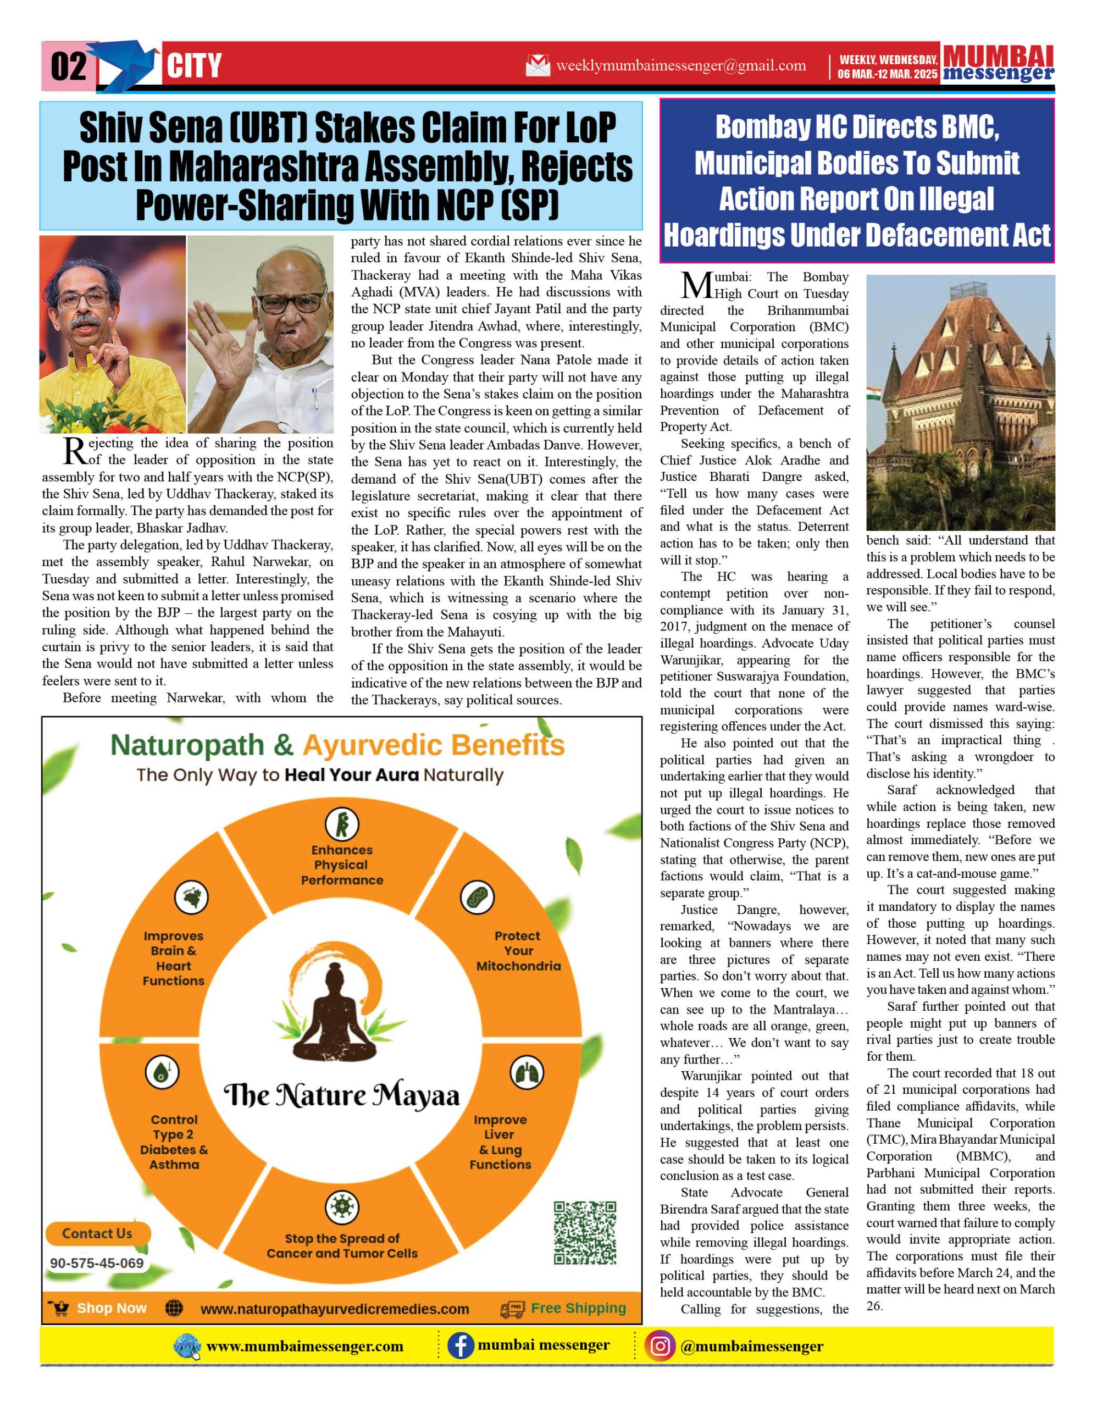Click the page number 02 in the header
pyautogui.click(x=68, y=67)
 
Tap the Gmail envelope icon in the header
pyautogui.click(x=538, y=65)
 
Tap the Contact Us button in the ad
pyautogui.click(x=97, y=1234)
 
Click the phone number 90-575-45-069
pyautogui.click(x=97, y=1264)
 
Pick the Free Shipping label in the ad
pyautogui.click(x=578, y=1309)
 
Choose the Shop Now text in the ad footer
pyautogui.click(x=112, y=1309)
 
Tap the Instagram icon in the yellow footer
pyautogui.click(x=660, y=1347)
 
